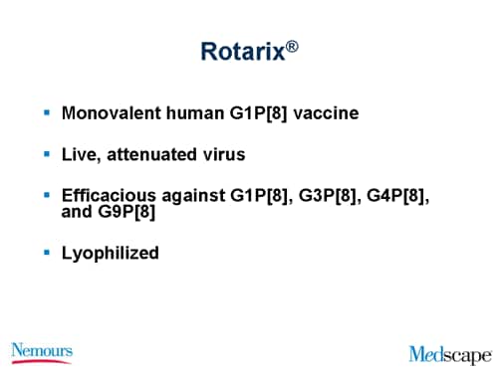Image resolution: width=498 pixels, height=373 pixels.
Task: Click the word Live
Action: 80,155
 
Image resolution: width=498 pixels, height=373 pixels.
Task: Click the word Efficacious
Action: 107,197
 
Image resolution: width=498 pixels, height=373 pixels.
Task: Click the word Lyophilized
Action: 110,253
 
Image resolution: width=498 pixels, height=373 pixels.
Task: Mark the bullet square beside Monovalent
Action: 47,112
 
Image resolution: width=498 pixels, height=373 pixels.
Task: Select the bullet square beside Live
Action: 47,154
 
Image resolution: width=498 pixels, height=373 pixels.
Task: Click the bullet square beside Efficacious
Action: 47,196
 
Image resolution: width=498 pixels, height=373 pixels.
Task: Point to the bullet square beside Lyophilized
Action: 47,252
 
